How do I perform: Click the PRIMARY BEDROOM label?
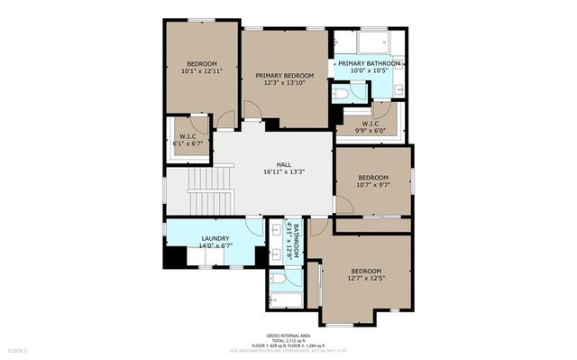point(284,75)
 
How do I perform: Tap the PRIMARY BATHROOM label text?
point(370,63)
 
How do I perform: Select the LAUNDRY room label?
point(215,238)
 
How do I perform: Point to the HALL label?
point(284,163)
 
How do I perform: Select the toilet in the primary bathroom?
point(346,92)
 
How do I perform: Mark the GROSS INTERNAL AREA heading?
point(288,333)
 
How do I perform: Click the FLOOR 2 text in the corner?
point(18,349)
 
